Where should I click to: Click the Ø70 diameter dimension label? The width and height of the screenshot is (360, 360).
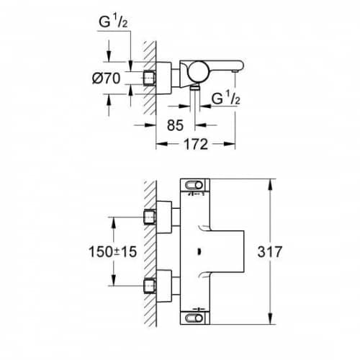pyautogui.click(x=106, y=78)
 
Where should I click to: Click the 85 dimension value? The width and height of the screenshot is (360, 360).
pyautogui.click(x=175, y=125)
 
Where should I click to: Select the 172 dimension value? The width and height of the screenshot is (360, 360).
pyautogui.click(x=196, y=144)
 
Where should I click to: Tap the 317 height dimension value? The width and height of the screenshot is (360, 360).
pyautogui.click(x=269, y=252)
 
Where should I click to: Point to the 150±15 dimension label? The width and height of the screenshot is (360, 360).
pyautogui.click(x=113, y=252)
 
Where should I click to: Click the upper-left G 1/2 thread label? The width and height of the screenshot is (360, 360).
pyautogui.click(x=113, y=22)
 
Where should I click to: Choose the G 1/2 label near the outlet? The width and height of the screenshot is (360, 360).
pyautogui.click(x=226, y=98)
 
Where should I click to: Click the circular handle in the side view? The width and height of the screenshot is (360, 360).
pyautogui.click(x=197, y=71)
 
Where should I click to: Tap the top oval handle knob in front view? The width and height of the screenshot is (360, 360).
pyautogui.click(x=194, y=185)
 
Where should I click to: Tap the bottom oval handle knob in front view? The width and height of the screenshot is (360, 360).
pyautogui.click(x=194, y=318)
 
